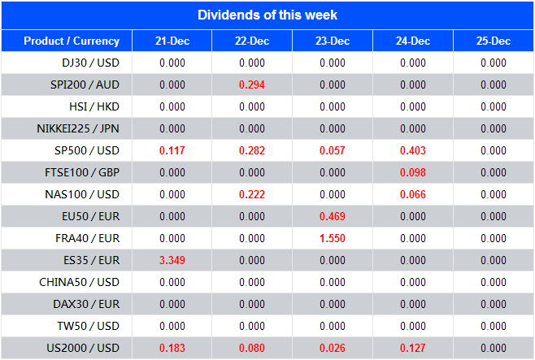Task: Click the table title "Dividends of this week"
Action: tap(267, 15)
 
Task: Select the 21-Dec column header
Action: tap(172, 41)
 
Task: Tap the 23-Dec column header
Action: tap(333, 41)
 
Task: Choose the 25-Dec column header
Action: tap(494, 41)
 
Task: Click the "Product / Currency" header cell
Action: tap(72, 41)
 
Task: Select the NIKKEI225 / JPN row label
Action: tap(78, 128)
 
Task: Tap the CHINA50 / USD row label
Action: tap(80, 282)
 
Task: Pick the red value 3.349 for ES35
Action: tap(172, 260)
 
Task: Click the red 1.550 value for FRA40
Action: tap(333, 238)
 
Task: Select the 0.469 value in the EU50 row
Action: tap(333, 216)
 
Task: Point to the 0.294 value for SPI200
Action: tap(252, 85)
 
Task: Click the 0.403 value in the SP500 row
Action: tap(413, 150)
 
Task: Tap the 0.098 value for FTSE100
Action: tap(413, 172)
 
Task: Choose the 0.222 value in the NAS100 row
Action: tap(252, 194)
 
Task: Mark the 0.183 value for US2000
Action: tap(172, 348)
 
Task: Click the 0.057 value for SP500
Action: tap(333, 150)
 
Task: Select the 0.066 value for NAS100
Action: tap(413, 194)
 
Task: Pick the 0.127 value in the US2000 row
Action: tap(413, 348)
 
